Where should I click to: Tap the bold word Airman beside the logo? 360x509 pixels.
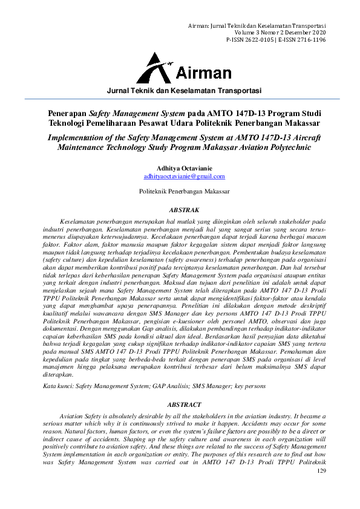pos(203,74)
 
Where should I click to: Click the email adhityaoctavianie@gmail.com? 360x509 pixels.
pos(184,177)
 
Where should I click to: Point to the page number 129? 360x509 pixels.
pos(321,470)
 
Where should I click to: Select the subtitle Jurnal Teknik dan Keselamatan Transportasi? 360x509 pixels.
pos(184,91)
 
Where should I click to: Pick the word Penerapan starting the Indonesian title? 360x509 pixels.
pos(67,113)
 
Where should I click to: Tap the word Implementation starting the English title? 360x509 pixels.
pos(74,137)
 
